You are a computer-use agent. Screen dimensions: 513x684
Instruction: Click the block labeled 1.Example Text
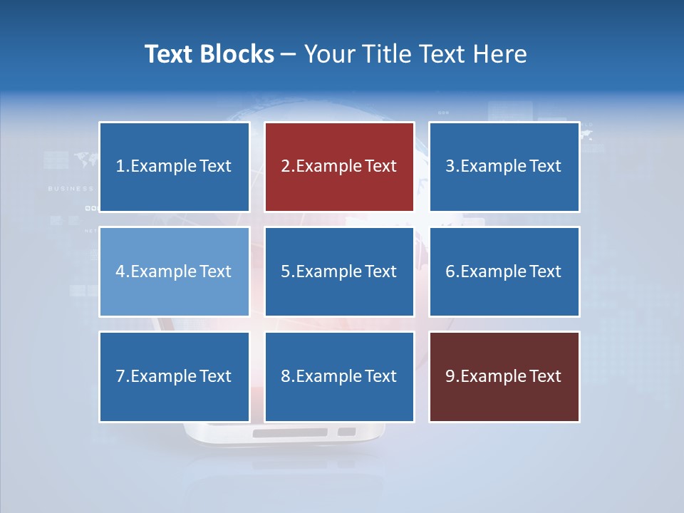pyautogui.click(x=174, y=167)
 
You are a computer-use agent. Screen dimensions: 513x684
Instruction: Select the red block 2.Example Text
pyautogui.click(x=339, y=167)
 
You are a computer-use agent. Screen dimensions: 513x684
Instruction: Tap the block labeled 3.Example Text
pyautogui.click(x=504, y=167)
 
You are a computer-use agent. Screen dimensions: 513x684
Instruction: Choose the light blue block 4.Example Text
pyautogui.click(x=174, y=271)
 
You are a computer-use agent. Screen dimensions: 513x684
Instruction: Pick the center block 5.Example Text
pyautogui.click(x=339, y=271)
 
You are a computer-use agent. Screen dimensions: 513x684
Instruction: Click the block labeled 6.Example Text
pyautogui.click(x=504, y=271)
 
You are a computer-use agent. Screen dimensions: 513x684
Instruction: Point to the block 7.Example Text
pyautogui.click(x=174, y=376)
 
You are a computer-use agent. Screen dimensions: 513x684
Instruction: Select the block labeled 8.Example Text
pyautogui.click(x=339, y=376)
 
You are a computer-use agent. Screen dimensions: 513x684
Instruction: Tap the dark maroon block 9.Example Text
pyautogui.click(x=504, y=376)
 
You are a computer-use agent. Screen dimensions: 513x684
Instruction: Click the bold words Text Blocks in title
pyautogui.click(x=209, y=54)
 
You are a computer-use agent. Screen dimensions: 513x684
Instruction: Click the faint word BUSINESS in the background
pyautogui.click(x=71, y=189)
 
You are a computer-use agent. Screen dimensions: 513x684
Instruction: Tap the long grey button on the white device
pyautogui.click(x=290, y=432)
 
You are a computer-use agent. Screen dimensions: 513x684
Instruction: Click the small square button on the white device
pyautogui.click(x=346, y=432)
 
